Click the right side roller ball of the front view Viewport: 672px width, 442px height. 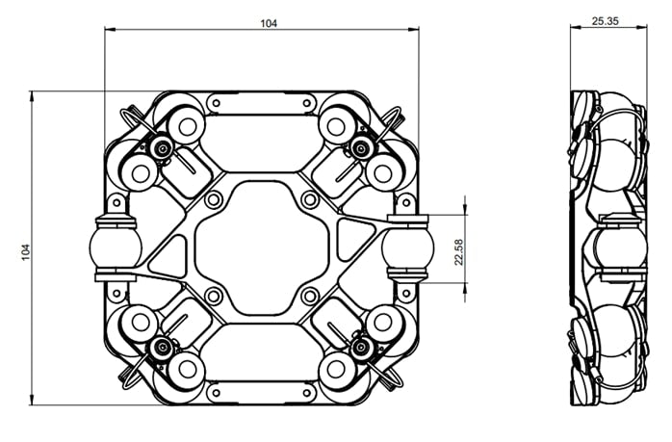(404, 247)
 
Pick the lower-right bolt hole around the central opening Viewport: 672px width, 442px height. (308, 296)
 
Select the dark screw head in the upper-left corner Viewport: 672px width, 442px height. (160, 148)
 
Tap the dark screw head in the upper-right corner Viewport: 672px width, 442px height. (362, 147)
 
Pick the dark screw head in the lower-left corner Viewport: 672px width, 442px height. (160, 346)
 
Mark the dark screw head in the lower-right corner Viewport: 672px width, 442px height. (362, 346)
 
